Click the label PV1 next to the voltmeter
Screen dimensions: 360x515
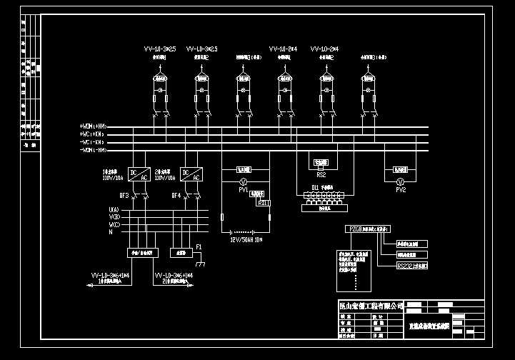(x=243, y=191)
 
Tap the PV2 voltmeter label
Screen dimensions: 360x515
(x=401, y=191)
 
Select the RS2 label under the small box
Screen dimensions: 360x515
(x=321, y=174)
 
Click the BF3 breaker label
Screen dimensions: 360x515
(x=124, y=195)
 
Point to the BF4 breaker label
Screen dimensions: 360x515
(x=175, y=195)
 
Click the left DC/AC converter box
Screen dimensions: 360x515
(x=136, y=173)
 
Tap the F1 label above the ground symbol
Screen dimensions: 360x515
(x=199, y=246)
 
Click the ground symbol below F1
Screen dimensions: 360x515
(x=201, y=264)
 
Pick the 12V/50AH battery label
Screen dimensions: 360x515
(x=246, y=241)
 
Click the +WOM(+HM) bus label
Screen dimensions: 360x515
(x=94, y=127)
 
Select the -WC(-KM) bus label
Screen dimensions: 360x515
(x=94, y=142)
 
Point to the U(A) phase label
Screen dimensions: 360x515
(x=114, y=209)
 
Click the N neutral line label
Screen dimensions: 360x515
(x=110, y=232)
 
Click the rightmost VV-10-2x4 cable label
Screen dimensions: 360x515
(x=324, y=49)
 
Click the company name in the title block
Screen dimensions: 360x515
(x=371, y=306)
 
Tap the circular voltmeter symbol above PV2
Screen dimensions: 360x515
(x=401, y=182)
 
